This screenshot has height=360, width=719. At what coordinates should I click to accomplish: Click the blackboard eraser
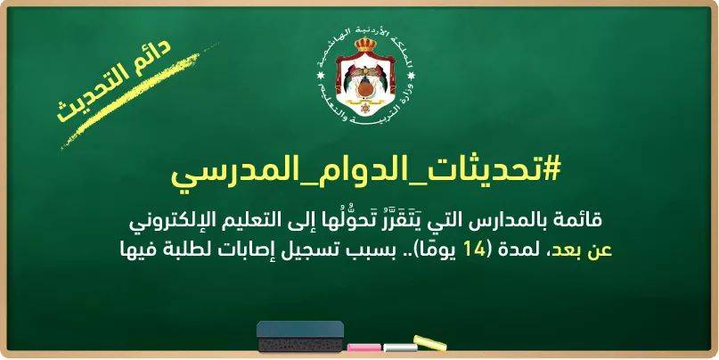point(300,336)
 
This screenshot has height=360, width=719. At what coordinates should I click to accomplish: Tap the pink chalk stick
point(364,348)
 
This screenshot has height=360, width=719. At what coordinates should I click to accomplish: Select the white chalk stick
point(400,348)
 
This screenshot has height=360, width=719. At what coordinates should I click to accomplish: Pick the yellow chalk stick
point(429,343)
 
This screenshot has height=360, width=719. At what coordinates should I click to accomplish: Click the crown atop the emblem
point(365,45)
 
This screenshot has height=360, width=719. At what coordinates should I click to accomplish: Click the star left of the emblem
point(321,75)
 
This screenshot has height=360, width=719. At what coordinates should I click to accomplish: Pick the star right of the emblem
point(411,75)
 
